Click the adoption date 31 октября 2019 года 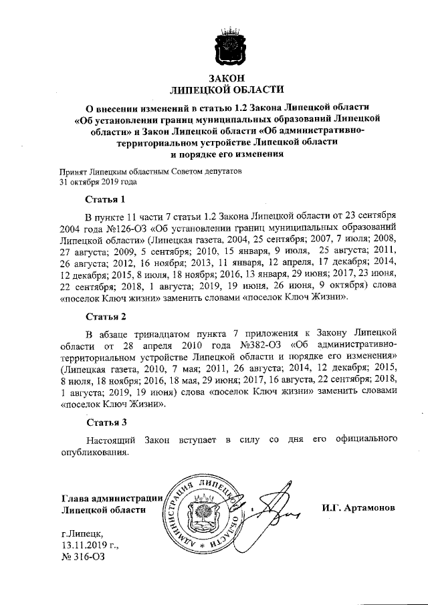tap(98, 181)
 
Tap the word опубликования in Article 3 tap(92, 451)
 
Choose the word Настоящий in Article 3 tap(110, 440)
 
